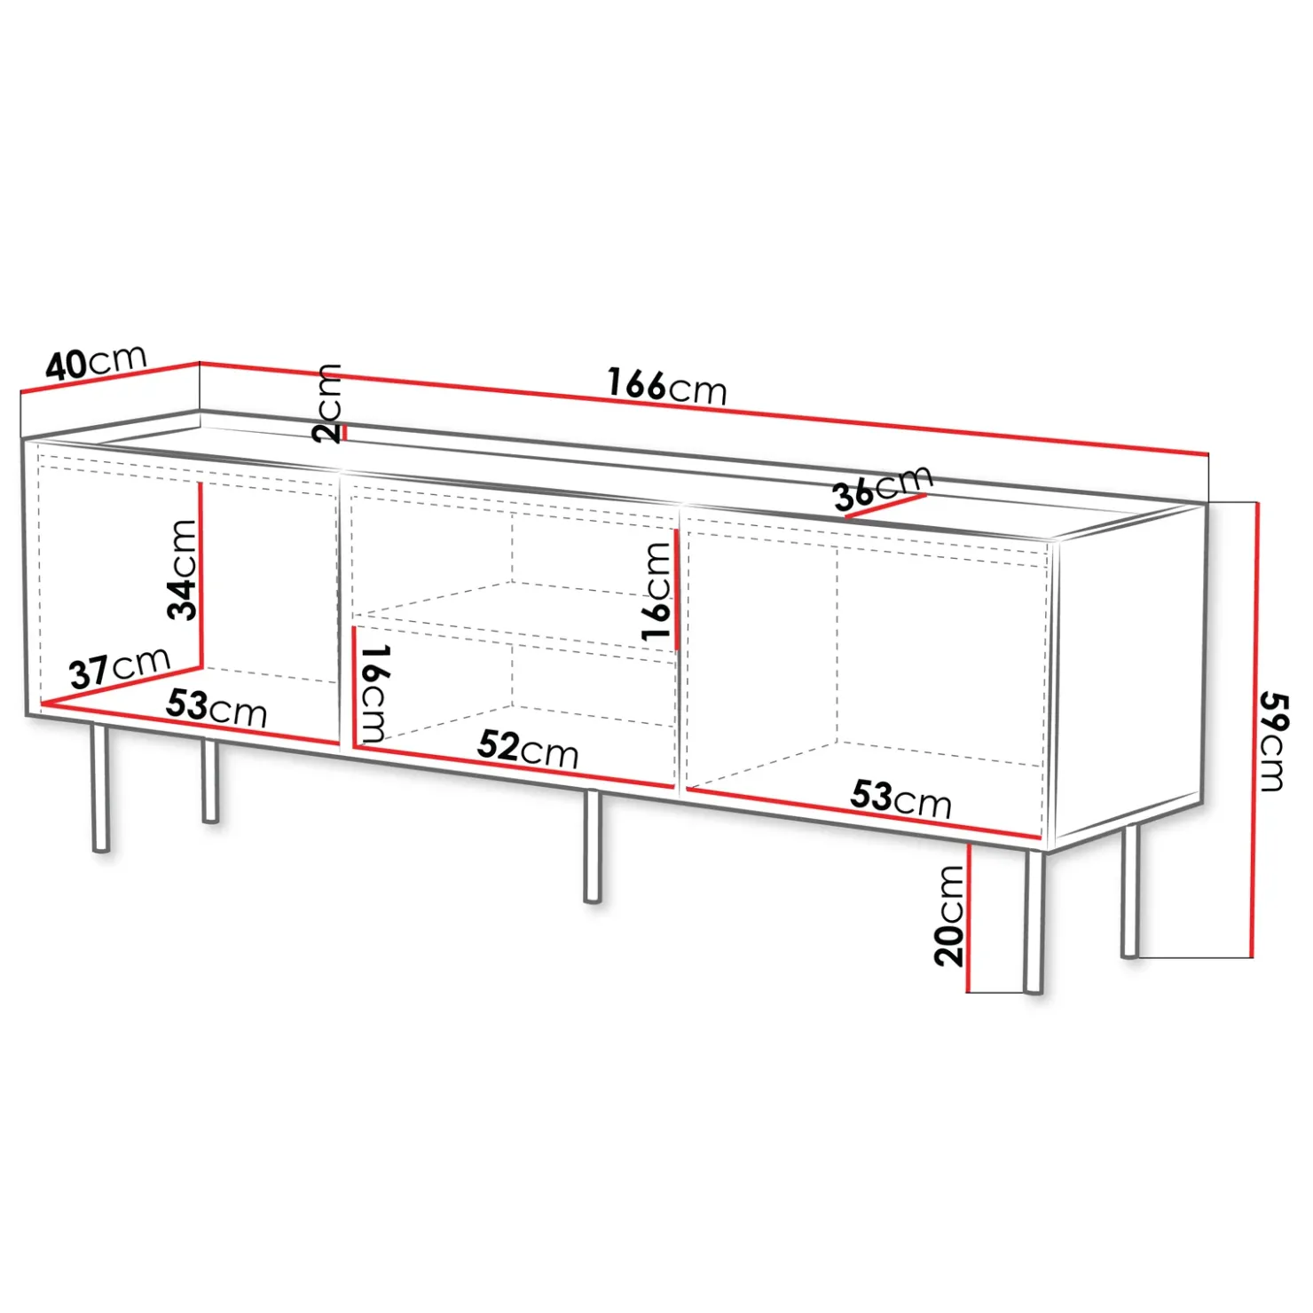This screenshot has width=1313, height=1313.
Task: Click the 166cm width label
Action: coord(667,386)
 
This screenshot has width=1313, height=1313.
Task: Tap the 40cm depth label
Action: coord(96,361)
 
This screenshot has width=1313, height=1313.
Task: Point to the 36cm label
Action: coord(883,487)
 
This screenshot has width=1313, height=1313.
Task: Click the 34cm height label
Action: coord(183,569)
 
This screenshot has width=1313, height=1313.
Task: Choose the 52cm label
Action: coord(528,748)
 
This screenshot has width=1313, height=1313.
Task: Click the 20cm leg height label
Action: coord(949,915)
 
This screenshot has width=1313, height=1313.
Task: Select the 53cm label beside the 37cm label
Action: coord(216,708)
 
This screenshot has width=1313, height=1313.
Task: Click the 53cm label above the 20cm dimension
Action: coord(901,798)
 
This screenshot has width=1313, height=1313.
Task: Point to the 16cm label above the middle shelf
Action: coord(656,591)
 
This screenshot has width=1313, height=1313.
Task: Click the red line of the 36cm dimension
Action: coord(885,505)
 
